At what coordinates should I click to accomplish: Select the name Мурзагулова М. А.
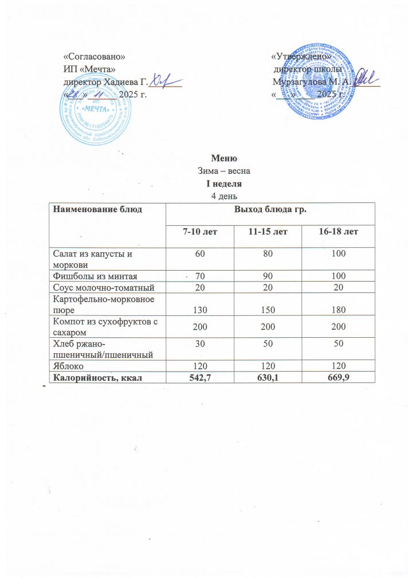click(309, 82)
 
